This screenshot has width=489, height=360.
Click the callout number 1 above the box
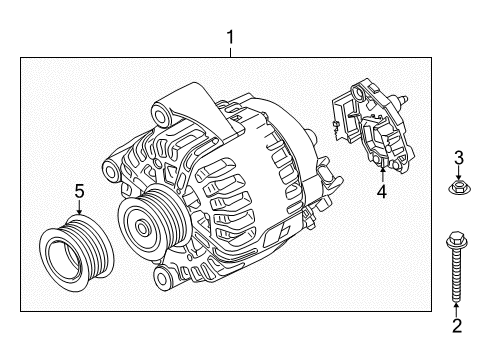[230, 37]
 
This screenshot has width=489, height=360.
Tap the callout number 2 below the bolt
[457, 326]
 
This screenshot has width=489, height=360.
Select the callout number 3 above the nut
[459, 158]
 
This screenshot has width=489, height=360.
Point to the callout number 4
[382, 191]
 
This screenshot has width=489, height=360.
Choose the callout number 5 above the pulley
[79, 191]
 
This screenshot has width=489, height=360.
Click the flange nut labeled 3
[459, 187]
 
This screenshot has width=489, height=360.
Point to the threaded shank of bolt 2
[456, 275]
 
